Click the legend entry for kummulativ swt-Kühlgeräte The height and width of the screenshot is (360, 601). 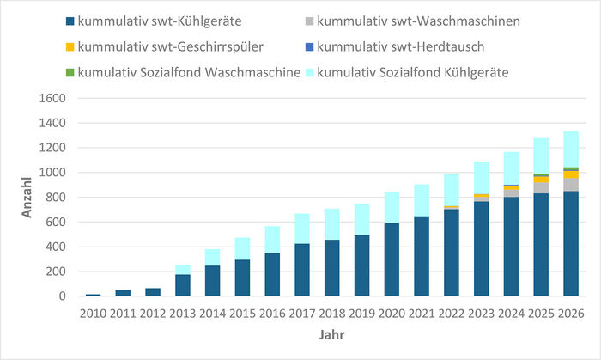pos(137,21)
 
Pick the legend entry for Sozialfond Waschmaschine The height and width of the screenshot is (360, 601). pos(181,72)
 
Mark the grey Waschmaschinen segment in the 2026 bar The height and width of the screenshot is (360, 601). pos(570,185)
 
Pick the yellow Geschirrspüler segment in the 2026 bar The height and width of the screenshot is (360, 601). pos(570,174)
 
